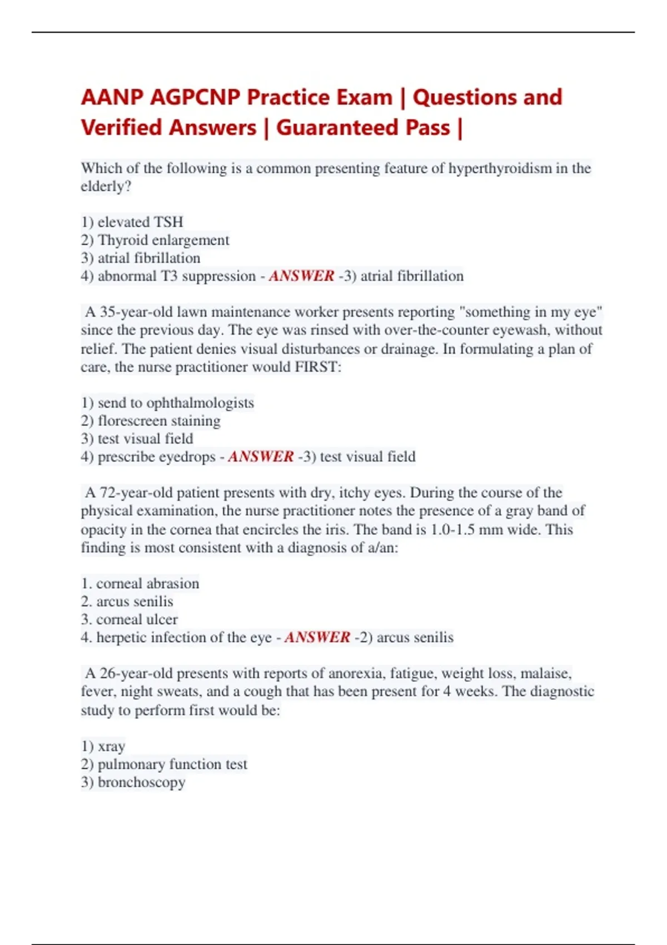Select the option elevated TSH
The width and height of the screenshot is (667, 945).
132,222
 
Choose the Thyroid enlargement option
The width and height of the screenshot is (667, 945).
155,240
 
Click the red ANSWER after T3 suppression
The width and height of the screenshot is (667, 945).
302,276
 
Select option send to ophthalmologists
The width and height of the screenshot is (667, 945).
167,402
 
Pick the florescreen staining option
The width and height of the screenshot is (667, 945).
151,421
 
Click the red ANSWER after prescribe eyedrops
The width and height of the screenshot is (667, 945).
261,457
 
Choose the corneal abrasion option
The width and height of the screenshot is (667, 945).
140,583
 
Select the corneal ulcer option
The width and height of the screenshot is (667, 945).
130,619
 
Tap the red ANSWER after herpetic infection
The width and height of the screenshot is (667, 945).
317,638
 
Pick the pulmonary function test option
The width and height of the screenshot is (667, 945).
164,764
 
